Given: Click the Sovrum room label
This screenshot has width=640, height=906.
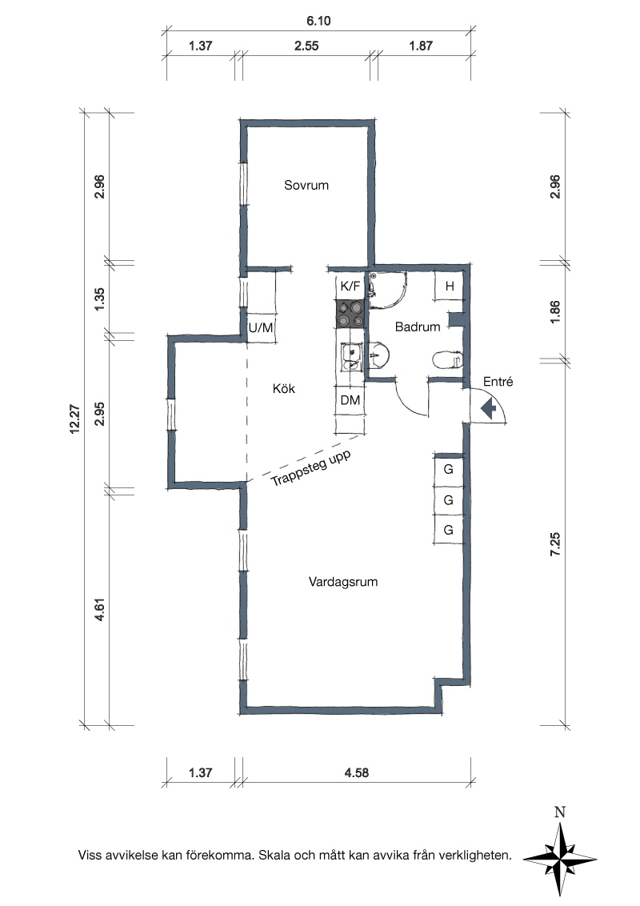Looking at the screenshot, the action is click(306, 185).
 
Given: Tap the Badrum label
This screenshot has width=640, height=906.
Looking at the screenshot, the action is click(418, 327).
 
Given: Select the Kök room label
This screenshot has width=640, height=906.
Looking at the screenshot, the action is click(284, 388).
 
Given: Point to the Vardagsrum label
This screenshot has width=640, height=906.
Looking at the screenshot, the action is click(343, 581).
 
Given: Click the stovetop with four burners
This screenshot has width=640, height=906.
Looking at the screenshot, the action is click(350, 315).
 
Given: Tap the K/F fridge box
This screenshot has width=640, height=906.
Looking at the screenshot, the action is click(350, 286).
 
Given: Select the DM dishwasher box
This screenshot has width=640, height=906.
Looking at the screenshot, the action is click(350, 400).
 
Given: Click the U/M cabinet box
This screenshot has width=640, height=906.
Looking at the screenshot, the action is click(261, 327).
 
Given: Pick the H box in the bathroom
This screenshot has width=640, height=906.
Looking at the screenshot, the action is click(450, 286).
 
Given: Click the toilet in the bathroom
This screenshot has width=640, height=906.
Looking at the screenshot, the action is click(448, 360).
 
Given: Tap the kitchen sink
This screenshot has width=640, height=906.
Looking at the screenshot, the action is click(350, 356).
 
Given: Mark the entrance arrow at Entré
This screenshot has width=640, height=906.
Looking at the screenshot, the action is click(489, 410).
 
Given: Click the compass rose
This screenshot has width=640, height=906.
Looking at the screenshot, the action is click(560, 857).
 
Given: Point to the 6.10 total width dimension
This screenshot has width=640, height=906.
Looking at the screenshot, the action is click(318, 21).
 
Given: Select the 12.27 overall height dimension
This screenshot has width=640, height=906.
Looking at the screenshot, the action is click(75, 419).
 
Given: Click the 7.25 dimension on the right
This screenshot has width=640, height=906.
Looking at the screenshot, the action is click(555, 544).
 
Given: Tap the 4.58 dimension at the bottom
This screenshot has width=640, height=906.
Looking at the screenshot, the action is click(356, 772).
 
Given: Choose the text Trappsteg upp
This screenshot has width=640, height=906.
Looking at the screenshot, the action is click(310, 468).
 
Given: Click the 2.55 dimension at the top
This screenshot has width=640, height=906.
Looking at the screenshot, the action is click(306, 46).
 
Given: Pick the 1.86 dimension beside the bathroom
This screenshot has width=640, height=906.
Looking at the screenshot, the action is click(555, 312).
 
